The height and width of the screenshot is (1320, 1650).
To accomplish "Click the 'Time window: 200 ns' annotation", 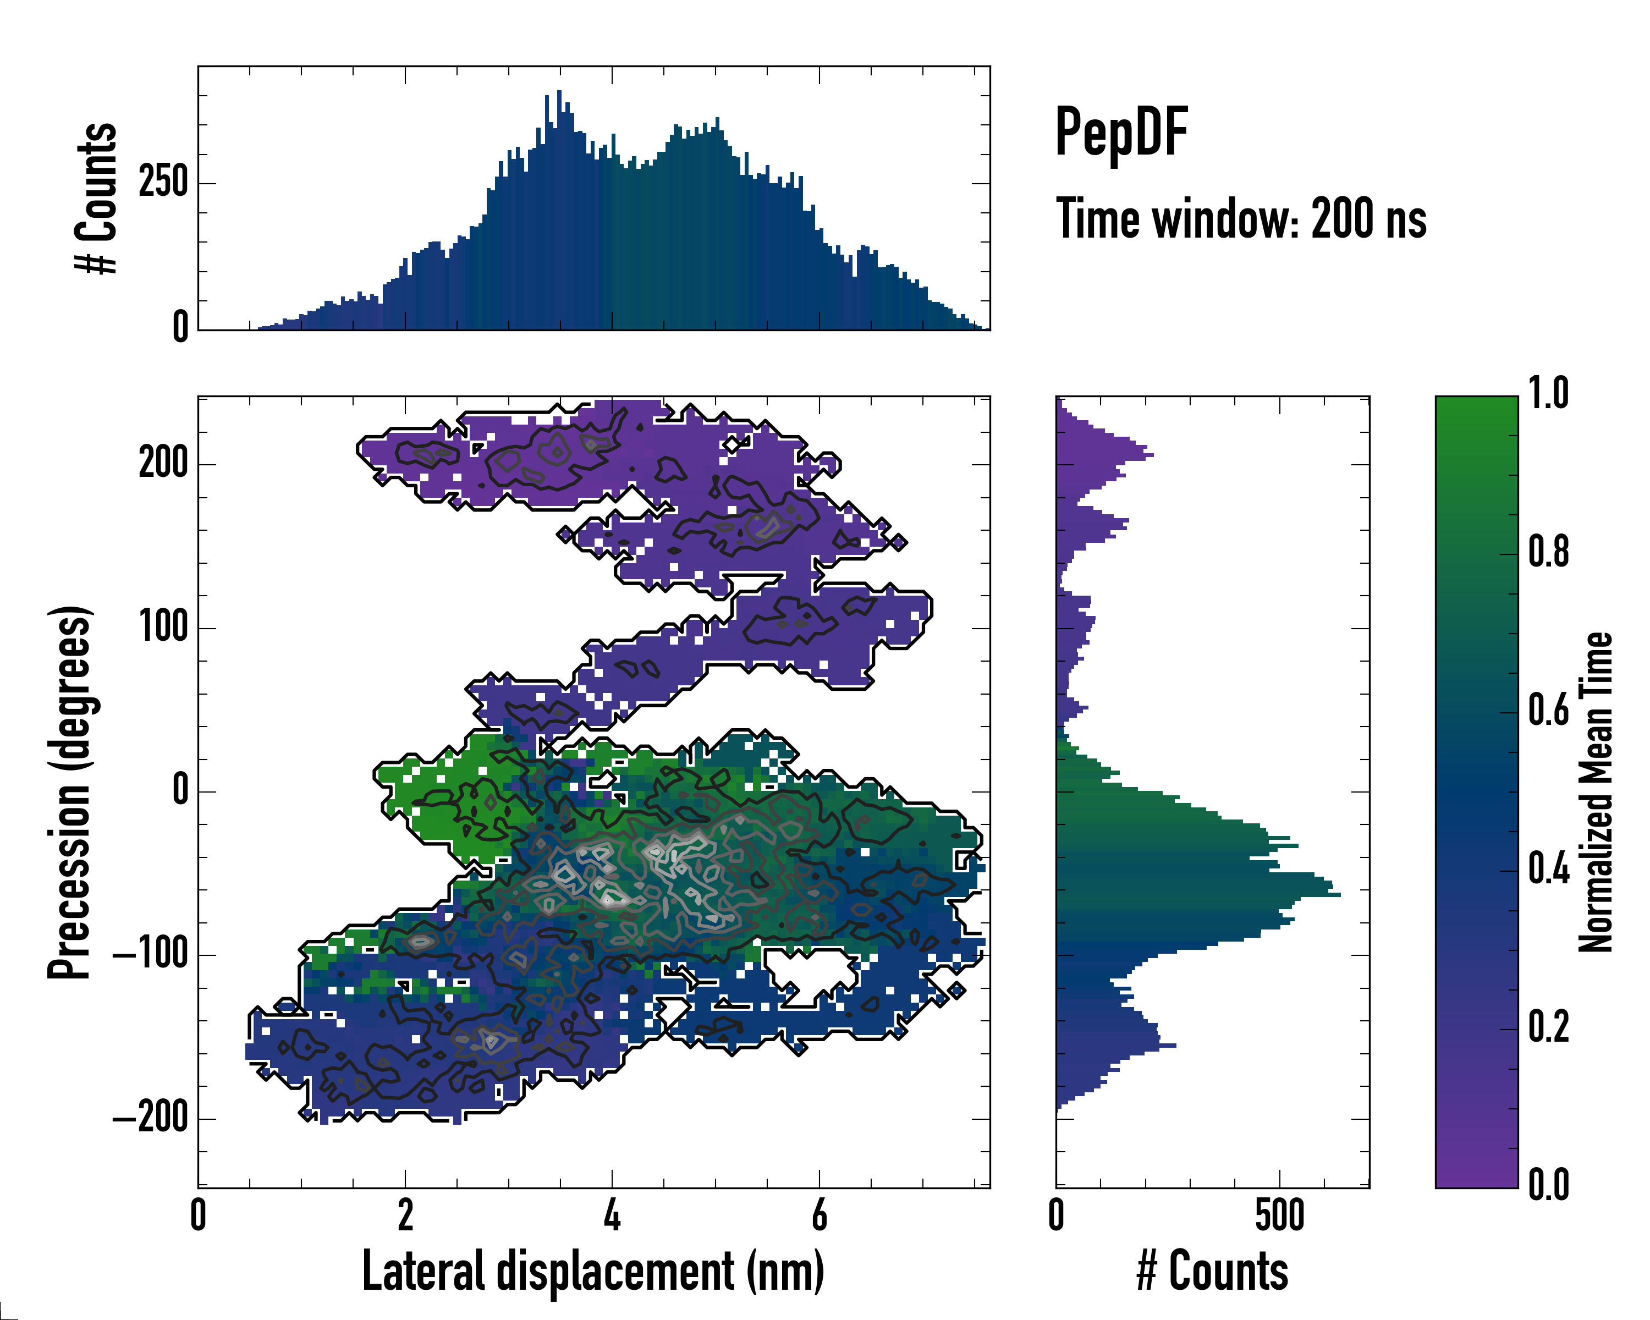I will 1241,219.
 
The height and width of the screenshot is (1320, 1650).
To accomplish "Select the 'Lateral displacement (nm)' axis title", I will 593,1271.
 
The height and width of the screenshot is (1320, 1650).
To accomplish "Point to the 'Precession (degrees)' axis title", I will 70,792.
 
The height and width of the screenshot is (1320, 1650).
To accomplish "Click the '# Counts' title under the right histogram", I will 1212,1271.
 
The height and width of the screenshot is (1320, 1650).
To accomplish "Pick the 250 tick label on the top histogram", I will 163,183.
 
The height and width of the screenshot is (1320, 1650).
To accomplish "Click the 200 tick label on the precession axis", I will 163,463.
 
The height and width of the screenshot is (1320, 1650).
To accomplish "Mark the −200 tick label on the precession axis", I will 150,1118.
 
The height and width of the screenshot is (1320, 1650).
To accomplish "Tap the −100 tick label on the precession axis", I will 150,954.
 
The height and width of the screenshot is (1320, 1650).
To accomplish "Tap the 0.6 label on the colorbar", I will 1548,710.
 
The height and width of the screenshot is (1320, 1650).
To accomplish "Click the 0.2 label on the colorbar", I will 1548,1027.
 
